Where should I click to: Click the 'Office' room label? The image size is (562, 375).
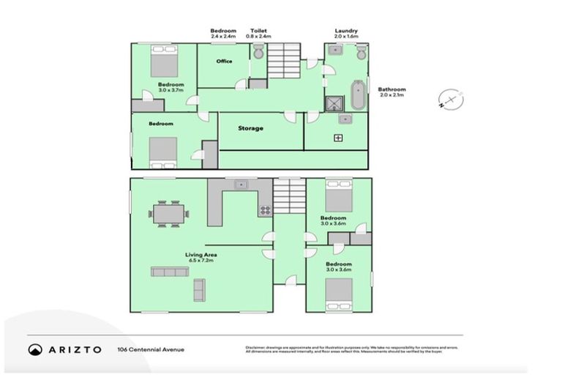[224, 62]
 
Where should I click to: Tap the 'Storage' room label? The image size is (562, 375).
[250, 128]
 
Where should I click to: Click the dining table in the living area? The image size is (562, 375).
[169, 213]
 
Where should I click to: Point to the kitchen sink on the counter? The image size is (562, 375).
[240, 185]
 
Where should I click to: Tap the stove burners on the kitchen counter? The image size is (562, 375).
[265, 209]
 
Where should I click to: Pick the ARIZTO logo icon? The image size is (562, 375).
[35, 349]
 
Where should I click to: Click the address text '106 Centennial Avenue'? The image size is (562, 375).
[151, 349]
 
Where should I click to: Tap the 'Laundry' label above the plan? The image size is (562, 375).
[346, 31]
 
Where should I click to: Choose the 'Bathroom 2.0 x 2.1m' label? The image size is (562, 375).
[391, 92]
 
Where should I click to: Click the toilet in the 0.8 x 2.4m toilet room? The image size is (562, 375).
[258, 51]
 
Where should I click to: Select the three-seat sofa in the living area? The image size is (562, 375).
[170, 271]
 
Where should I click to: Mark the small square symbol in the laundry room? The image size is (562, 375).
[338, 137]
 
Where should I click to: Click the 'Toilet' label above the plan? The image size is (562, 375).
[258, 31]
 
